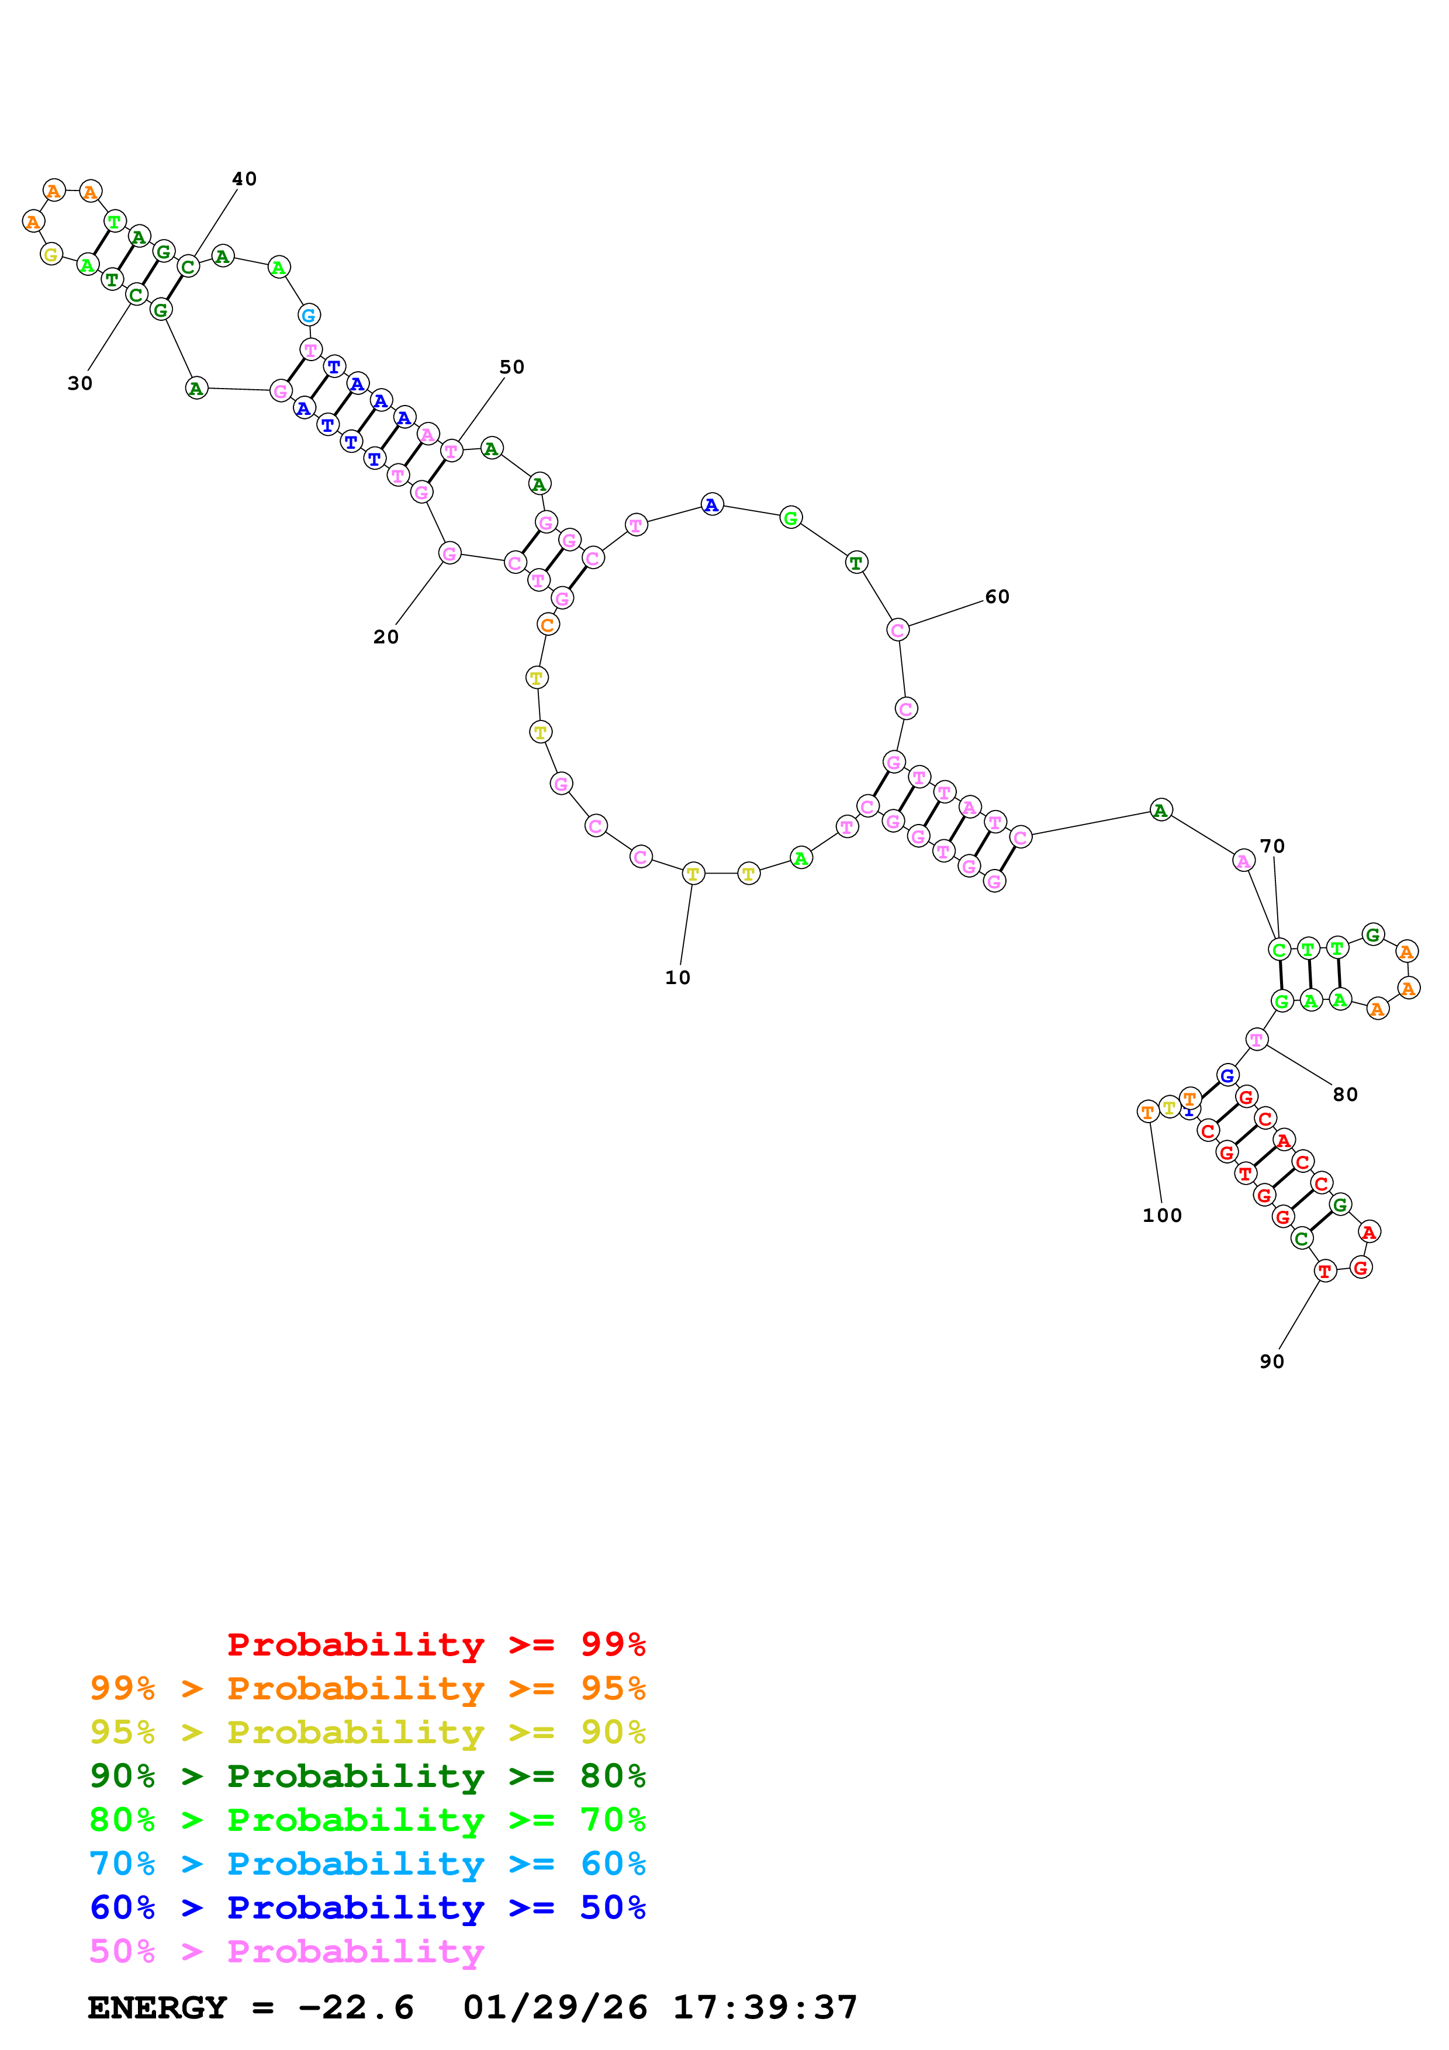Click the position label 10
pos(677,978)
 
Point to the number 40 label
pos(244,179)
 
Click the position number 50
pos(511,368)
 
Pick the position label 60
pos(997,597)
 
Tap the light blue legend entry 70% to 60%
pos(367,1864)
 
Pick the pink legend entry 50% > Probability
pos(286,1952)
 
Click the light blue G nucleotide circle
pos(309,315)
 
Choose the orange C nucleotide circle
pos(547,625)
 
